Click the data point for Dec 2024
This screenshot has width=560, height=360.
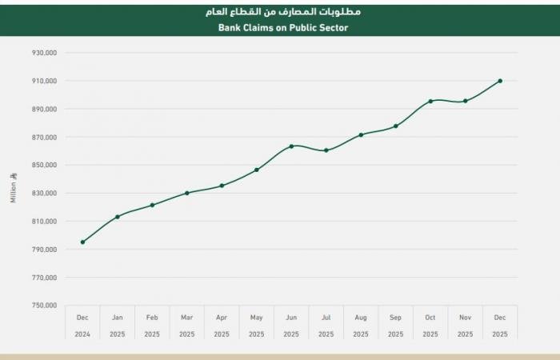82,242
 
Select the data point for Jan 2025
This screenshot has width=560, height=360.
118,217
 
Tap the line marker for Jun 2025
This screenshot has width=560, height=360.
291,146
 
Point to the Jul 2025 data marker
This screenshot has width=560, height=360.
326,150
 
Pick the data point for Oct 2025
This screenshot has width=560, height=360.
430,101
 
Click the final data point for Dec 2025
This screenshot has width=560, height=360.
500,81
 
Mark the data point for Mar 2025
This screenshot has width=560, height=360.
187,193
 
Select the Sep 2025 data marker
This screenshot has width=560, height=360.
396,126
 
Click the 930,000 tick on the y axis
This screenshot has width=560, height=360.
44,53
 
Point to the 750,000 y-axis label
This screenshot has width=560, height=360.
44,306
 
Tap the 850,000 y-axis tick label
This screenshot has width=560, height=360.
44,165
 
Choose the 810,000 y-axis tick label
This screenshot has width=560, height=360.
44,222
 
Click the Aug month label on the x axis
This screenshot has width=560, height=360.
361,318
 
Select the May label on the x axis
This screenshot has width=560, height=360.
256,318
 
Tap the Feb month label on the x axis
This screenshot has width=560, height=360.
152,318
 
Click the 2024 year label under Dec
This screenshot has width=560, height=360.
82,334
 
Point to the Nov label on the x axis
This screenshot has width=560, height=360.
465,318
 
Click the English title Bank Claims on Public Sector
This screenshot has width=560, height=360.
283,27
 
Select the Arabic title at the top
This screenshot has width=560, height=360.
283,11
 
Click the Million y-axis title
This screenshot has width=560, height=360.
13,187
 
